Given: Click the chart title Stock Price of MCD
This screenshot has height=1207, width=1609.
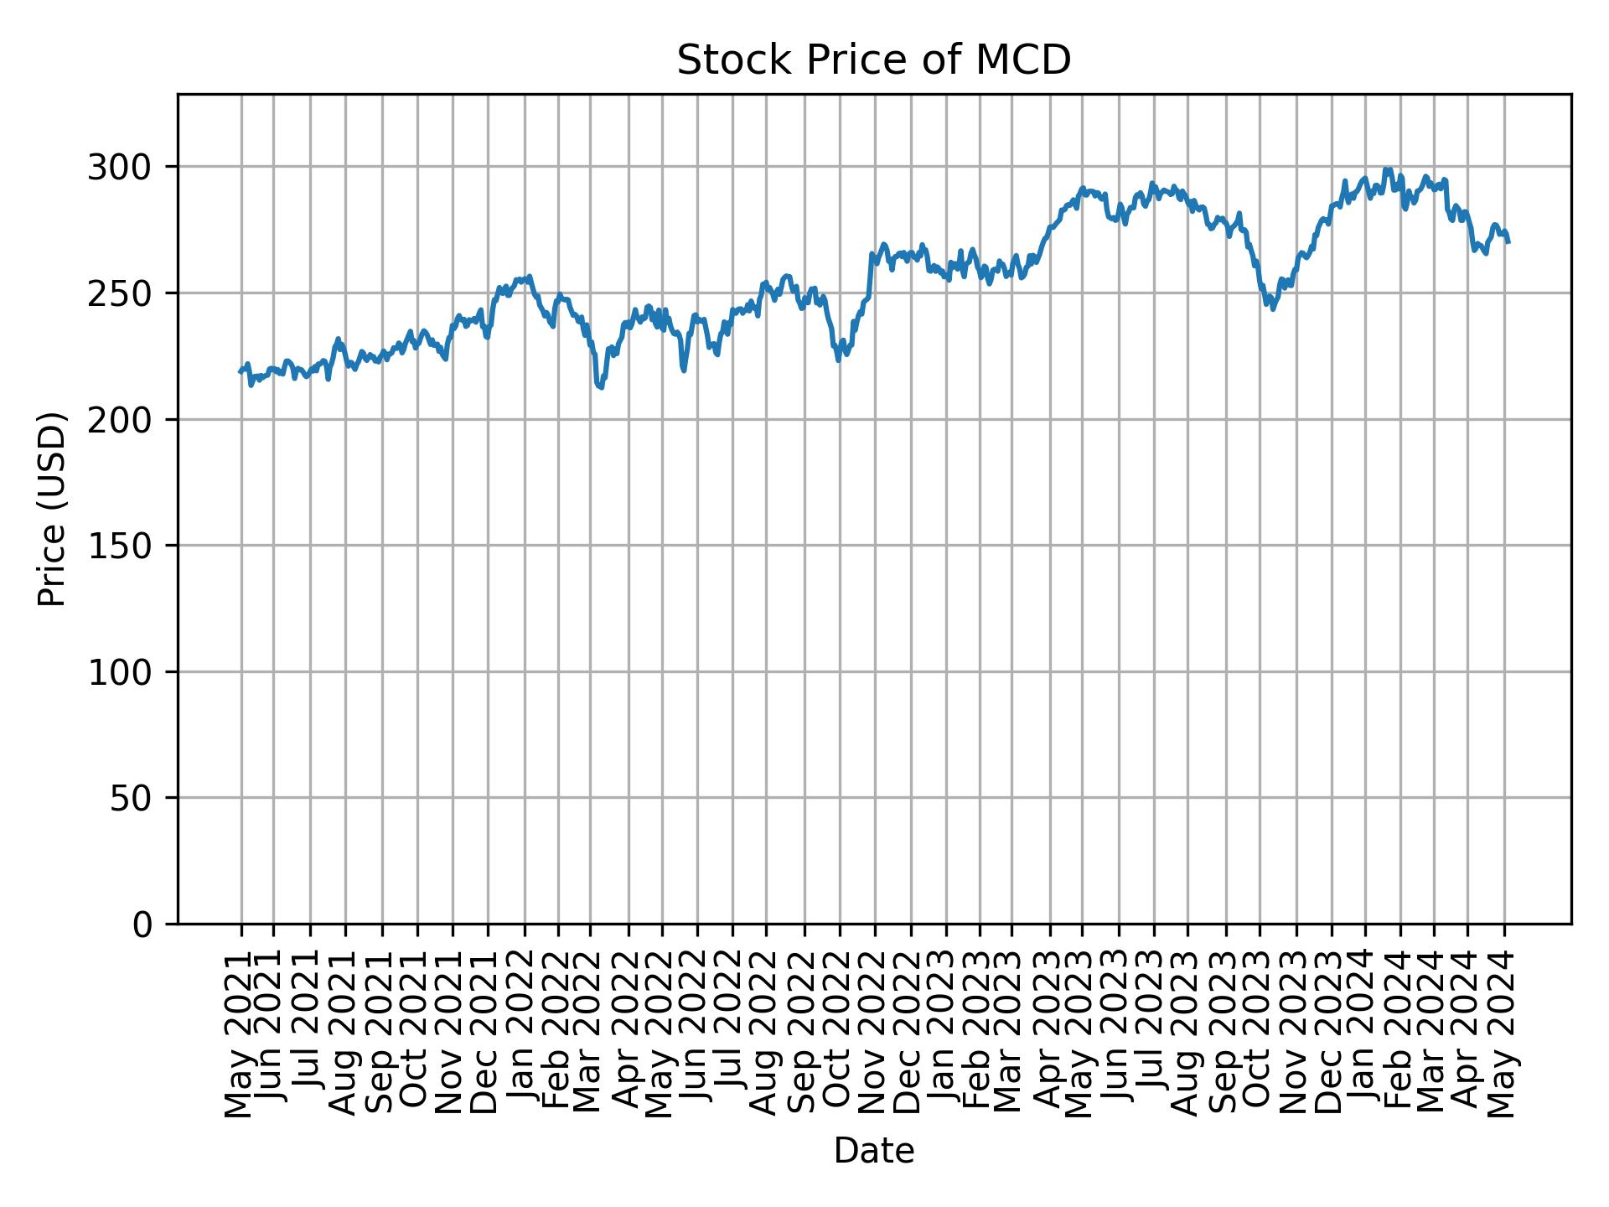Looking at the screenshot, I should [x=873, y=60].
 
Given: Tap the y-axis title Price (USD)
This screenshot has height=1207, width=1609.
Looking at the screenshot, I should [x=52, y=509].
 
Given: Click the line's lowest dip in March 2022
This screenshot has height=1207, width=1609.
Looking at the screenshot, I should [x=600, y=387].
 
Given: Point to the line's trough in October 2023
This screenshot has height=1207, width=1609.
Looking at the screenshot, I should [x=1273, y=308].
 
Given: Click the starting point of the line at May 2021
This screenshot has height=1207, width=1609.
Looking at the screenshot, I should [x=240, y=371].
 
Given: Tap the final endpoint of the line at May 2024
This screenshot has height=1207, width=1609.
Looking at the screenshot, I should [x=1508, y=242].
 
